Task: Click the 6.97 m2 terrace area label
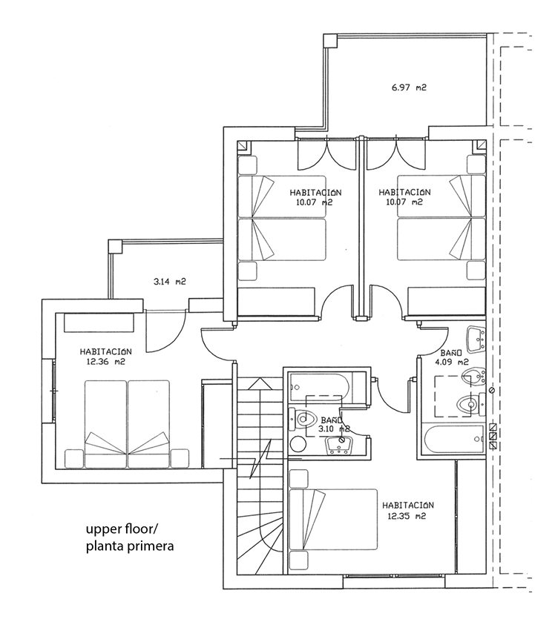pos(409,87)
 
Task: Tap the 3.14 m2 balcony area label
pos(169,282)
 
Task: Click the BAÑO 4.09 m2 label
pos(452,357)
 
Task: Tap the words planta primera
pos(130,546)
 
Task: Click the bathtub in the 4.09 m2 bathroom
pos(453,440)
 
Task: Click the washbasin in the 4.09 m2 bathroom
pos(476,339)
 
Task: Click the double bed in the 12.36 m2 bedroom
pos(127,424)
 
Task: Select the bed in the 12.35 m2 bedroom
pos(333,519)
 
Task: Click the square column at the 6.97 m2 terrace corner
pos(329,41)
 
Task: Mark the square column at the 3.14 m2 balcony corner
pos(115,247)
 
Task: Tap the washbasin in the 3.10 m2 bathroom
pos(338,446)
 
